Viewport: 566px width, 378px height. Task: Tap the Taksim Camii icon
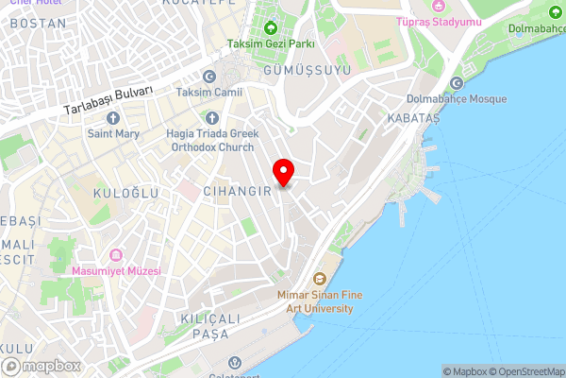tap(208, 77)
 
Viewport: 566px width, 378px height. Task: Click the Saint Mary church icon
tap(113, 118)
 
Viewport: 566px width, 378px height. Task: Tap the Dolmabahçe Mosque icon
tap(457, 83)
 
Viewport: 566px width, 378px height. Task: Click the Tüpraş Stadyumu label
tap(439, 21)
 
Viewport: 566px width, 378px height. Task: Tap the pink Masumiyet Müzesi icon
tap(116, 255)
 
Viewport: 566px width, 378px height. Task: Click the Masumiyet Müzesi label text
tap(116, 271)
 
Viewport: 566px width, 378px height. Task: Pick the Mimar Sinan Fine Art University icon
tap(319, 279)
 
